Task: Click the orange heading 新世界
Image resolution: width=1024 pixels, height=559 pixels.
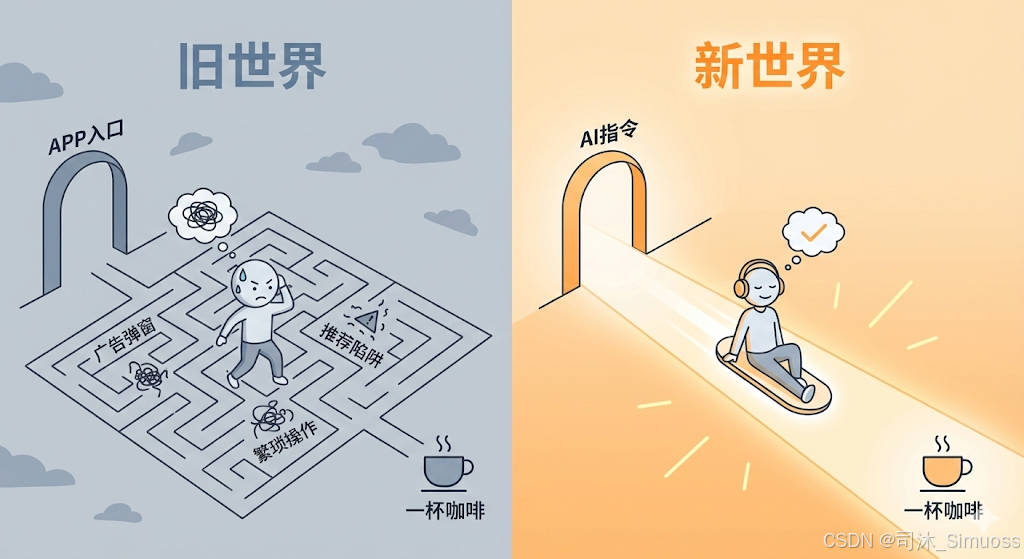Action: click(x=769, y=67)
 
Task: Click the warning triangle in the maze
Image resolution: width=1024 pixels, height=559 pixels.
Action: click(x=370, y=320)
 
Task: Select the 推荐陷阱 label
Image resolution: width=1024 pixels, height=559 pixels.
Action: click(x=352, y=344)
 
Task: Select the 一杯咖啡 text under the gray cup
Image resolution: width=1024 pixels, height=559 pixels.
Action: click(x=445, y=510)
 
